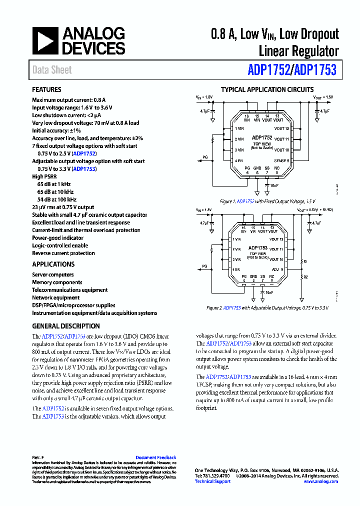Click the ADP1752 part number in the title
(x=269, y=70)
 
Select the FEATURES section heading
(x=46, y=90)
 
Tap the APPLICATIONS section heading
(x=53, y=264)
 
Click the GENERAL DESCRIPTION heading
(x=66, y=326)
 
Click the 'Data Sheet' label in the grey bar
(x=52, y=70)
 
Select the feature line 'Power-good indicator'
(x=57, y=238)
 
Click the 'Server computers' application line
(x=52, y=274)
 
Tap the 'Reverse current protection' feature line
(x=63, y=253)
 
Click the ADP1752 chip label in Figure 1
(x=262, y=137)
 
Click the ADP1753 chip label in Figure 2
(x=258, y=247)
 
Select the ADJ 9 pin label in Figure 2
(x=279, y=269)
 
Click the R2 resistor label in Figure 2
(x=306, y=276)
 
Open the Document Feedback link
(x=155, y=457)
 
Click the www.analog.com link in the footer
(x=320, y=481)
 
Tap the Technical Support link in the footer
(x=212, y=481)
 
